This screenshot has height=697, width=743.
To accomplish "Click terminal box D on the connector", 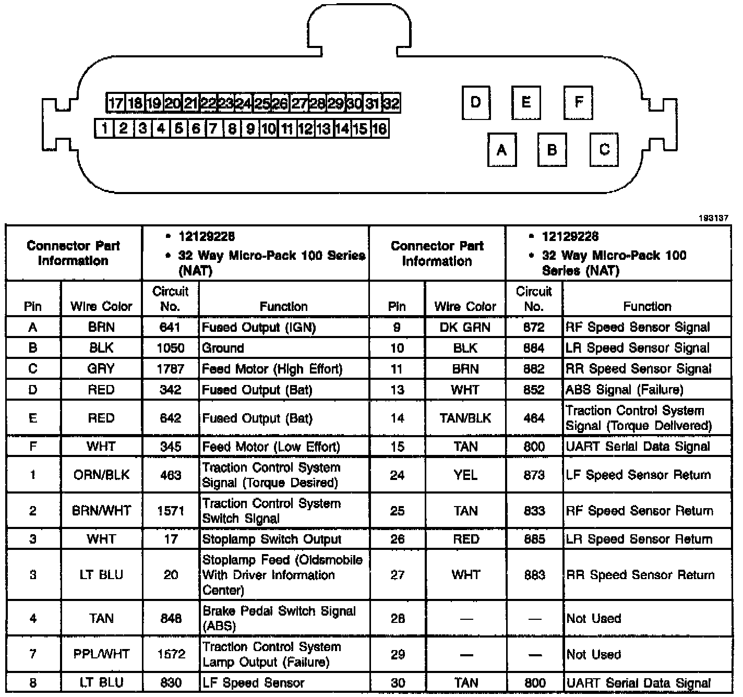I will pyautogui.click(x=476, y=102).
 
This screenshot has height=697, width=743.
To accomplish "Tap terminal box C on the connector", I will pyautogui.click(x=604, y=150).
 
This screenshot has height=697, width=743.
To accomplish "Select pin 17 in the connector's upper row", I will pyautogui.click(x=115, y=103).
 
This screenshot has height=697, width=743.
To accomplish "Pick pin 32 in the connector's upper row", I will pyautogui.click(x=391, y=103).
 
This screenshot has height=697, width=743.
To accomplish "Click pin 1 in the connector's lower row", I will pyautogui.click(x=104, y=128).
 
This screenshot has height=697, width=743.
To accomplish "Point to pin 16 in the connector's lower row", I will pyautogui.click(x=379, y=128).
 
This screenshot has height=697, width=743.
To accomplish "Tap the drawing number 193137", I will pyautogui.click(x=713, y=218).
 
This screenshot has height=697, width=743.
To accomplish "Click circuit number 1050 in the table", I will pyautogui.click(x=170, y=348).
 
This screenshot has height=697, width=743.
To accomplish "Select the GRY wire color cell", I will pyautogui.click(x=101, y=369).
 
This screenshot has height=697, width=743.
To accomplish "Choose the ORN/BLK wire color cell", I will pyautogui.click(x=101, y=475).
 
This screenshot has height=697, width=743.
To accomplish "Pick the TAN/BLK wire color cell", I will pyautogui.click(x=465, y=418).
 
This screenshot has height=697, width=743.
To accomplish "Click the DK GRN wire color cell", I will pyautogui.click(x=465, y=327).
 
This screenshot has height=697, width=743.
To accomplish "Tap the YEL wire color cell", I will pyautogui.click(x=465, y=475).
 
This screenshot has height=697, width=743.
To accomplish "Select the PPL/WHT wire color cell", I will pyautogui.click(x=101, y=654).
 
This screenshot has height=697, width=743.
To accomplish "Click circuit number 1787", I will pyautogui.click(x=170, y=369).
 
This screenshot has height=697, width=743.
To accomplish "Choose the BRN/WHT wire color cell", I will pyautogui.click(x=101, y=511).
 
